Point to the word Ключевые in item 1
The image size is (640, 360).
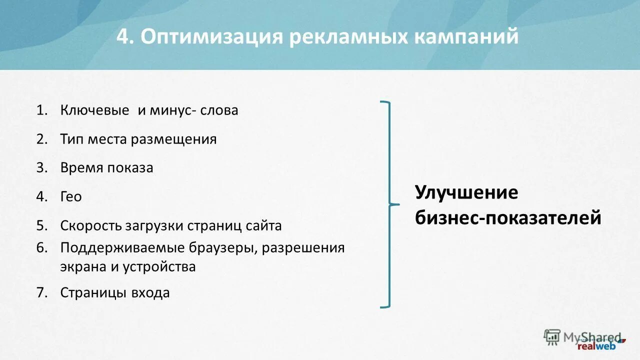(x=94, y=110)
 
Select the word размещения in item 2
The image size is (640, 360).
(x=174, y=139)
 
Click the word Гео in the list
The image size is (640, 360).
(x=71, y=197)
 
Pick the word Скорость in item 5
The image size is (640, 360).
(x=88, y=225)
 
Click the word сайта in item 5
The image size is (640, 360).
(x=263, y=225)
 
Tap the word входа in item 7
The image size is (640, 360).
(x=150, y=292)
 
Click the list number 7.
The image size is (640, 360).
(x=41, y=292)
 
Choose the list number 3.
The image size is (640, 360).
(x=41, y=168)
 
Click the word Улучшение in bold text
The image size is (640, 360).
(x=466, y=192)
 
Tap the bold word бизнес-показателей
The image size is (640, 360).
(x=507, y=218)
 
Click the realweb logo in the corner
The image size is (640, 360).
(x=596, y=345)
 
